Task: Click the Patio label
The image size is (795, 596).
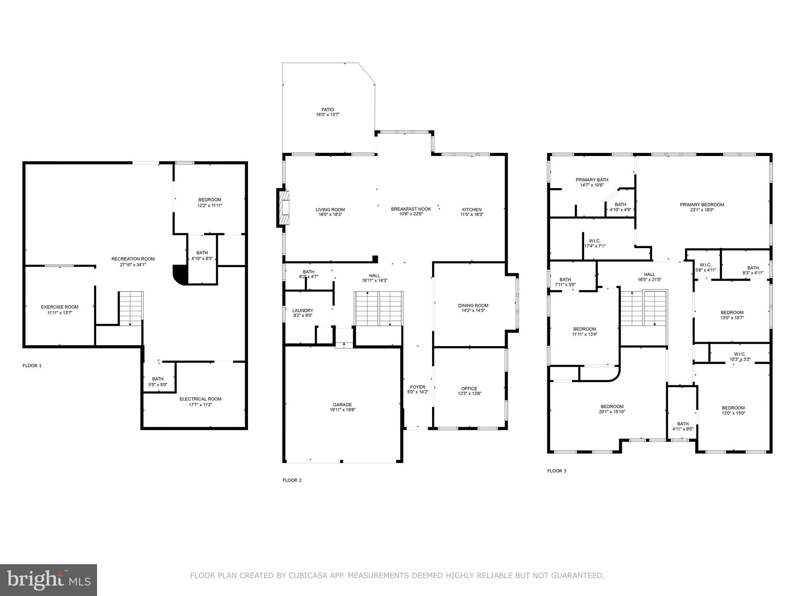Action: (328, 110)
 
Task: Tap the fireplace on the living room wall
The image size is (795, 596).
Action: (284, 208)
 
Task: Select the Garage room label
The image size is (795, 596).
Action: (342, 404)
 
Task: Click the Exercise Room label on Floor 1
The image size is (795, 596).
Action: (59, 307)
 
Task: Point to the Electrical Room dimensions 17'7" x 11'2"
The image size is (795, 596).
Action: (200, 405)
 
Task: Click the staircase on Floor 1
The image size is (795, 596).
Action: (131, 308)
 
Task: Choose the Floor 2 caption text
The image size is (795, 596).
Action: (292, 480)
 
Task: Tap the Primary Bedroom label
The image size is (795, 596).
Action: (702, 204)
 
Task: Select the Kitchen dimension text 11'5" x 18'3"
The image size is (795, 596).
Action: (472, 215)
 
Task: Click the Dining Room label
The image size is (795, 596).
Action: (473, 305)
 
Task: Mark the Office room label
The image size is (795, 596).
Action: (469, 388)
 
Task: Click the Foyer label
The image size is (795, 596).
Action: (418, 387)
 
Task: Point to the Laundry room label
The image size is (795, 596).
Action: (302, 310)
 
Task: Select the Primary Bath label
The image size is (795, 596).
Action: (592, 180)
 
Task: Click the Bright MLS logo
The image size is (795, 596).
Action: (48, 579)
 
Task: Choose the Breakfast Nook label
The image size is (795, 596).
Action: (411, 209)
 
